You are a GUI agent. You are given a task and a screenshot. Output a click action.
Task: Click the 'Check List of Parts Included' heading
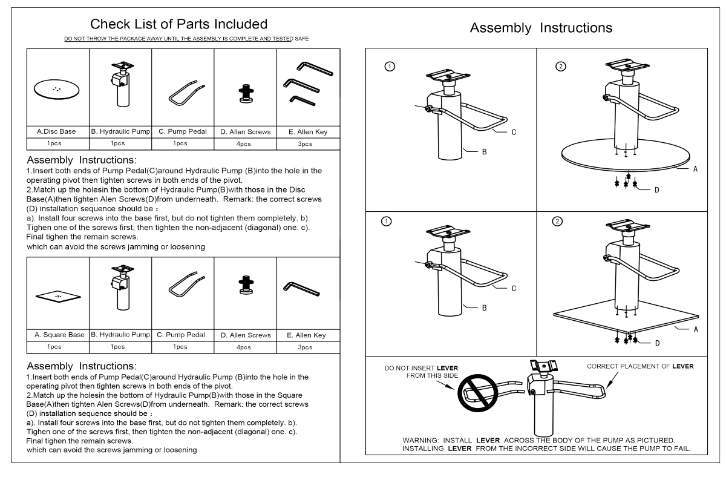point(178,24)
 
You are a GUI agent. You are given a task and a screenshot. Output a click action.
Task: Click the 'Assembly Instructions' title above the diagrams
point(541,28)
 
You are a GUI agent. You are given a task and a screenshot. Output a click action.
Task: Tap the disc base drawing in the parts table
point(56,90)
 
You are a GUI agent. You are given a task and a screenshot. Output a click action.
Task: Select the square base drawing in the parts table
point(58,297)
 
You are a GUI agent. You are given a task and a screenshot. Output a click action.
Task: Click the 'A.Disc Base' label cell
point(56,131)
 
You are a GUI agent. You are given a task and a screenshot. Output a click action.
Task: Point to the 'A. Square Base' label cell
point(59,335)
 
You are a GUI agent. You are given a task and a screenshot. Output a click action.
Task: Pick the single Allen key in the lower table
point(301,289)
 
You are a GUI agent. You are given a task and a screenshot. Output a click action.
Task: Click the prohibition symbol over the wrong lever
point(477,393)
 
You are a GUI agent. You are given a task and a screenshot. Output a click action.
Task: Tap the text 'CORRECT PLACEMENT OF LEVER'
point(640,366)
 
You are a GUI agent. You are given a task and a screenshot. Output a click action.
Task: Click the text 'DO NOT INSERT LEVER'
point(421,368)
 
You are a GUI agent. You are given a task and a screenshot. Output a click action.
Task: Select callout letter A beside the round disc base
point(695,169)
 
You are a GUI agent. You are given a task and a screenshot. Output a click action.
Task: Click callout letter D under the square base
point(657,343)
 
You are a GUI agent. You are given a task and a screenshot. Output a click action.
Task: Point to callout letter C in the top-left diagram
point(514,133)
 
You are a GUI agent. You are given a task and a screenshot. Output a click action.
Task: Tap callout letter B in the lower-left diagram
point(484,308)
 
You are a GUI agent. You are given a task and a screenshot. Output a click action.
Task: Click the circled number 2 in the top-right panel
point(561,67)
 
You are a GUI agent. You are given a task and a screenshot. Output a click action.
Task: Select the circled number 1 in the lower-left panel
point(386,222)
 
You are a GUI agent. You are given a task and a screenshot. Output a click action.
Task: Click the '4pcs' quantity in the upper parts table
point(243,144)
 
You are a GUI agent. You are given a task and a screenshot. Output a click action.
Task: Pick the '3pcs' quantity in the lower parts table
point(305,347)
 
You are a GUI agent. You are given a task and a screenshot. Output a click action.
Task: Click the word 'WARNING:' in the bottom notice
point(420,440)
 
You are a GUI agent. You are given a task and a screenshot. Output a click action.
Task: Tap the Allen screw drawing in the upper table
point(246,93)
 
